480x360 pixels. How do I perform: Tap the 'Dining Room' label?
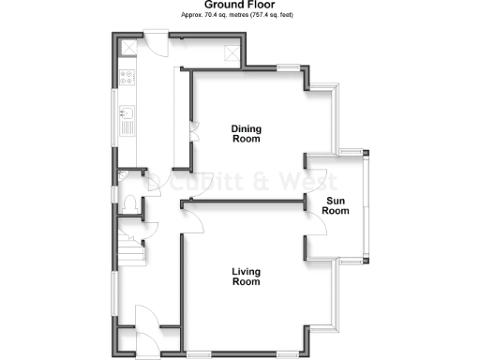246,133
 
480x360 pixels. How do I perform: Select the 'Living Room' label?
246,277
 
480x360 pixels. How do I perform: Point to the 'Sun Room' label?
336,206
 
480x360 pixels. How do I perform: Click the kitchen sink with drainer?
127,118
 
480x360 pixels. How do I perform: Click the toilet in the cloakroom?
130,202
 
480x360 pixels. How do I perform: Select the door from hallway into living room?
190,219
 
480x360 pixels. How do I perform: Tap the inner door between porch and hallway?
145,316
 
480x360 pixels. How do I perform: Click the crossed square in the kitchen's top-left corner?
127,46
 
